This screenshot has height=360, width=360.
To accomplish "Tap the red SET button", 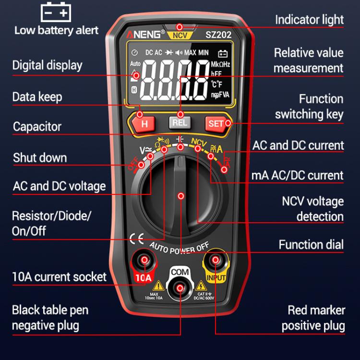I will [x=216, y=123].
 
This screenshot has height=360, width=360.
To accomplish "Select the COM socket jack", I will [x=180, y=288].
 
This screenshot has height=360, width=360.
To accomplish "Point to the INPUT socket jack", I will [x=216, y=261].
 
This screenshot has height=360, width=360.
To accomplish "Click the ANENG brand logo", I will [x=145, y=35].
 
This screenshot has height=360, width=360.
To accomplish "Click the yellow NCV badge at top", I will [x=180, y=36].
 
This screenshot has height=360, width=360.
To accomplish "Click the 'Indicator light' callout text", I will [x=309, y=20].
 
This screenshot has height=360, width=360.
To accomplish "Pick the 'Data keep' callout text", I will [x=37, y=97].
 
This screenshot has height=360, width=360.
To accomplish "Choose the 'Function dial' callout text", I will [x=311, y=244].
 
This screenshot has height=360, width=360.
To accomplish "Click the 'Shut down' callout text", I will [x=40, y=157].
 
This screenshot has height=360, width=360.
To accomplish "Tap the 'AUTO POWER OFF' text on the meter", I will [x=180, y=248].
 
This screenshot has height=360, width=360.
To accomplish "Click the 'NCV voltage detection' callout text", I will [x=312, y=208].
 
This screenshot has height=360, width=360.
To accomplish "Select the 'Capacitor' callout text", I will [x=37, y=127].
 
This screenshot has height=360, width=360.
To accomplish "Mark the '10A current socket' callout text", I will [x=59, y=276].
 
